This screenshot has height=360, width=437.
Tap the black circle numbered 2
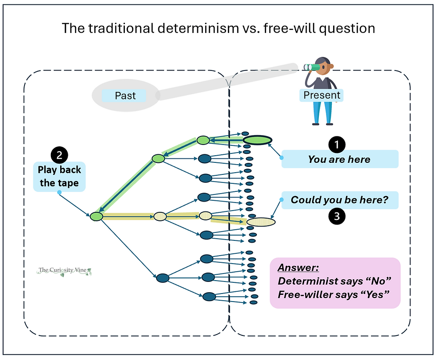[59, 155]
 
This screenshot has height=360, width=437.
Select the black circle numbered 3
[337, 216]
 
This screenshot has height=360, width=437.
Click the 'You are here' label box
[339, 159]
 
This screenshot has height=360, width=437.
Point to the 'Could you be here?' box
[339, 200]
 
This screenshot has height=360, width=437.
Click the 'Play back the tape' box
[59, 177]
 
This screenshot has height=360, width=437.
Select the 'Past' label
[125, 95]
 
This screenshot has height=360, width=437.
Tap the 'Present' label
[322, 95]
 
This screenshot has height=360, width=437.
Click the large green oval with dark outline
[257, 140]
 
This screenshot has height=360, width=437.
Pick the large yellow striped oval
[261, 221]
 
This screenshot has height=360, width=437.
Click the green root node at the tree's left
[96, 216]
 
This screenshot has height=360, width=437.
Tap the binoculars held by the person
[313, 67]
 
